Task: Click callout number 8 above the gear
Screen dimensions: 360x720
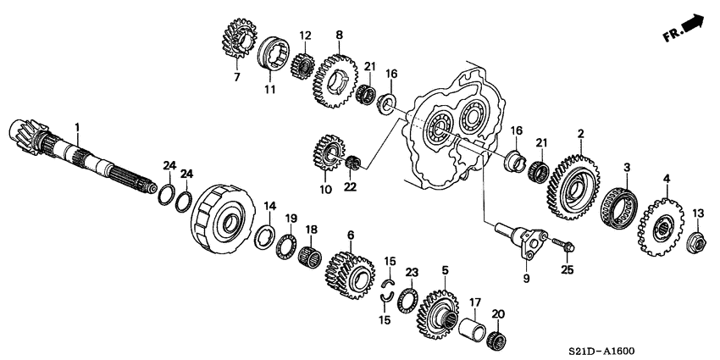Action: click(339, 35)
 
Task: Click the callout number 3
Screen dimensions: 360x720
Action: click(626, 168)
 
